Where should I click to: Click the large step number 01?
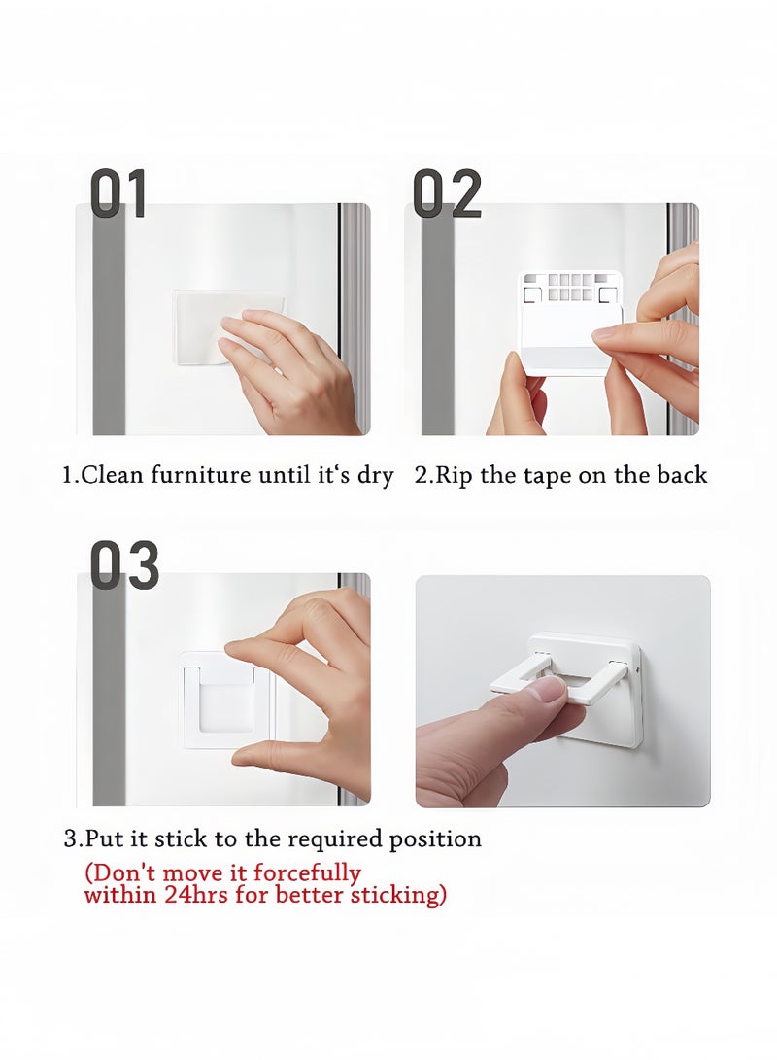coord(118,193)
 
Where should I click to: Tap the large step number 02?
coord(447,193)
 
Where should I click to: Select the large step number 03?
coord(125,565)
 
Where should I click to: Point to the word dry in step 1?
coord(375,477)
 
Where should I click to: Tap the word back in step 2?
coord(682,475)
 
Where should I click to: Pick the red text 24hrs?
coord(196,895)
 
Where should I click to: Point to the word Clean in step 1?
coord(112,475)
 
